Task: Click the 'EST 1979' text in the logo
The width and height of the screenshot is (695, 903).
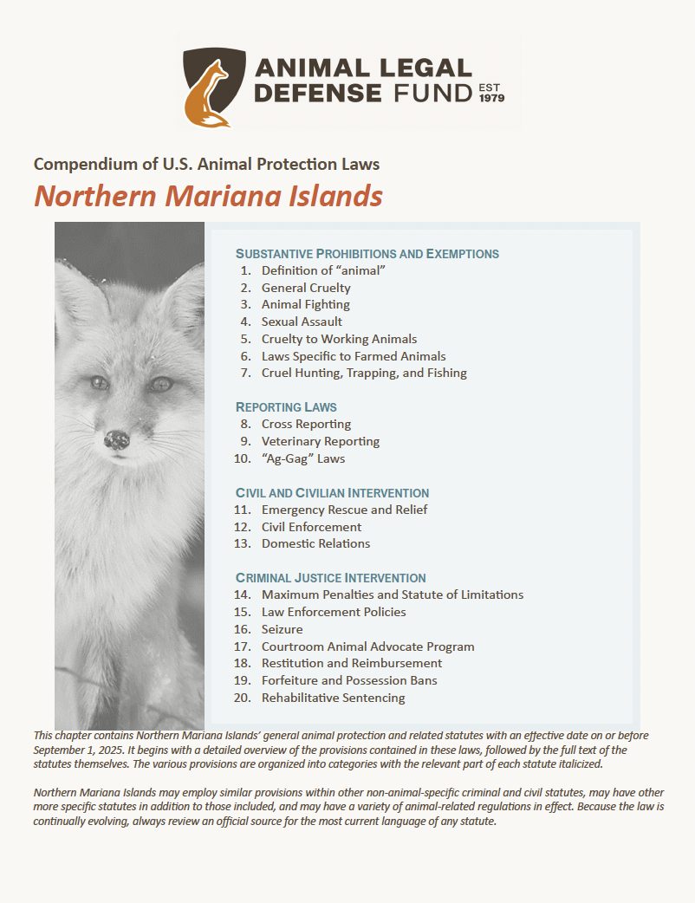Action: pyautogui.click(x=491, y=93)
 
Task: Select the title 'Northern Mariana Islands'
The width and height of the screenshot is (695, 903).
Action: pyautogui.click(x=208, y=196)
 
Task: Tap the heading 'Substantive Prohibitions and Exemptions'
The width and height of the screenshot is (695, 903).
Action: pyautogui.click(x=367, y=254)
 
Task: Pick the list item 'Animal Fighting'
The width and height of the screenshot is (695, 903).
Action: pyautogui.click(x=305, y=304)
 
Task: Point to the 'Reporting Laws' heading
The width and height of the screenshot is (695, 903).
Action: pyautogui.click(x=286, y=406)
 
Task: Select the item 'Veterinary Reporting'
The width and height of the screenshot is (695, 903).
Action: pyautogui.click(x=320, y=441)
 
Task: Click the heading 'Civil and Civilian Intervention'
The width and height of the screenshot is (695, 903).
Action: pyautogui.click(x=332, y=492)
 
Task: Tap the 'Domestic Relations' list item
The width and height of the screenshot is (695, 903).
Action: pyautogui.click(x=315, y=543)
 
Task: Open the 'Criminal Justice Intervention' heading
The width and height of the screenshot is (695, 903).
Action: pyautogui.click(x=330, y=577)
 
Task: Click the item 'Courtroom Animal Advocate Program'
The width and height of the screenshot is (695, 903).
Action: pyautogui.click(x=367, y=646)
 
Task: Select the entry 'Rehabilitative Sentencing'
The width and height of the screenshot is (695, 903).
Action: pyautogui.click(x=333, y=698)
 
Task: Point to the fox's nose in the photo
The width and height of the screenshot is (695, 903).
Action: pyautogui.click(x=116, y=439)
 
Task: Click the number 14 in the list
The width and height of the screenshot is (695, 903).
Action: pyautogui.click(x=243, y=594)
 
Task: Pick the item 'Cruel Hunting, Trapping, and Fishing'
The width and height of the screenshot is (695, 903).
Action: pyautogui.click(x=364, y=373)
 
